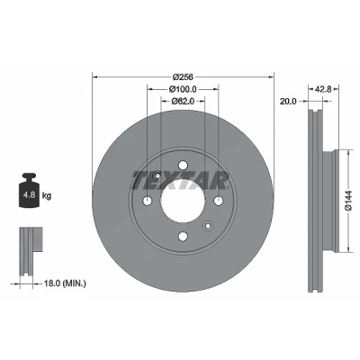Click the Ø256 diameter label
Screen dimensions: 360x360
[183, 77]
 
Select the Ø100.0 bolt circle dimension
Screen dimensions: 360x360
[183, 89]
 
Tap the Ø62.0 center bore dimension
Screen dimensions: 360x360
[183, 102]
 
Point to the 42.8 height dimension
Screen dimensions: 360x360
[323, 89]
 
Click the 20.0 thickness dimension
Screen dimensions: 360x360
[288, 102]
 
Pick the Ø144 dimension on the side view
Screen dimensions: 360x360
[349, 201]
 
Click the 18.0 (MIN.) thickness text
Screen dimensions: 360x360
[65, 283]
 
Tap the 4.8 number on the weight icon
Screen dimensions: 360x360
[29, 195]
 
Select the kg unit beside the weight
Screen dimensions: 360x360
[47, 196]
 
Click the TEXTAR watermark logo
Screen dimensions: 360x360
[181, 181]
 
